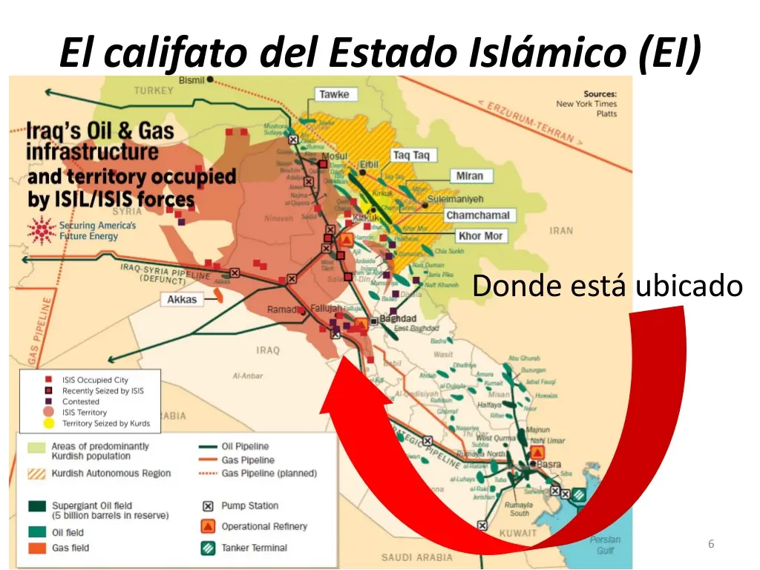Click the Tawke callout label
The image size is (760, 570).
pyautogui.click(x=334, y=95)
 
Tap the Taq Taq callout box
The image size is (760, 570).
pyautogui.click(x=410, y=155)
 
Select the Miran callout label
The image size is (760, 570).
pyautogui.click(x=469, y=177)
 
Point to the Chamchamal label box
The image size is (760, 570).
pyautogui.click(x=478, y=215)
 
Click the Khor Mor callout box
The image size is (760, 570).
pyautogui.click(x=480, y=236)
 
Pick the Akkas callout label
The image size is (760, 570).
pyautogui.click(x=182, y=300)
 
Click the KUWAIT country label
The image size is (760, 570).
pyautogui.click(x=518, y=533)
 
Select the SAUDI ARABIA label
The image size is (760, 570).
pyautogui.click(x=416, y=557)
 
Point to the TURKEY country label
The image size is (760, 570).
pyautogui.click(x=154, y=91)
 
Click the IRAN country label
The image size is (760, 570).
pyautogui.click(x=561, y=231)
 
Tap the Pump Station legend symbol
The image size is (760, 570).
pyautogui.click(x=208, y=506)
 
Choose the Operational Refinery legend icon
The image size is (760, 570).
pyautogui.click(x=208, y=527)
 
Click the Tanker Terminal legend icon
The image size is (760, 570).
pyautogui.click(x=208, y=548)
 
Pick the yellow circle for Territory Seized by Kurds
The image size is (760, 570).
pyautogui.click(x=48, y=424)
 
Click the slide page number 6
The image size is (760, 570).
pyautogui.click(x=711, y=545)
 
